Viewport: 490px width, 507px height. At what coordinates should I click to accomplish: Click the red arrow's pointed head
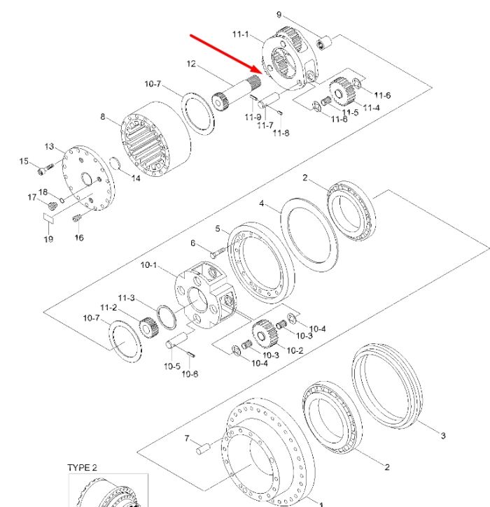point(262,72)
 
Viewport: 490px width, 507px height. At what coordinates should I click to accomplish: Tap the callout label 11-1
point(241,34)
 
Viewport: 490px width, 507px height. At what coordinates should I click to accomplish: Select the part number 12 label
point(191,64)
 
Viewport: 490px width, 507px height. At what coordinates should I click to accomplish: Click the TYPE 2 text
point(82,468)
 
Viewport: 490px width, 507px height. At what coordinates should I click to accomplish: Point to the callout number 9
point(279,15)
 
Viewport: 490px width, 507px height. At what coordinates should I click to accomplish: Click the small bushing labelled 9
point(324,43)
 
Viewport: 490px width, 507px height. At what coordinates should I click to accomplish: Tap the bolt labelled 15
point(45,169)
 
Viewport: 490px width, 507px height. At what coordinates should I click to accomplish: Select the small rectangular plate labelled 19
point(49,217)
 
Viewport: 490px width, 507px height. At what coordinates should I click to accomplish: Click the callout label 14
point(136,178)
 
